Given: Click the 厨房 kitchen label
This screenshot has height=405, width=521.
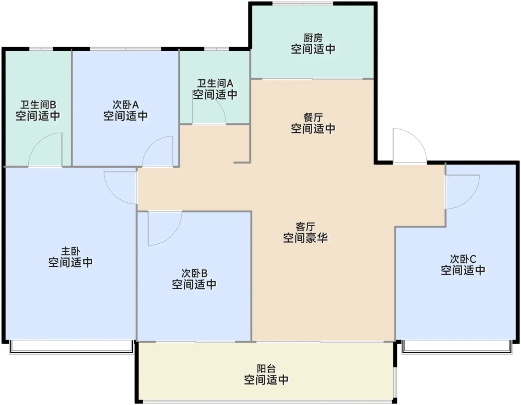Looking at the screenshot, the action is [313, 38].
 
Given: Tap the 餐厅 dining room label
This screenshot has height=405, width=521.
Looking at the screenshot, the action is [313, 118].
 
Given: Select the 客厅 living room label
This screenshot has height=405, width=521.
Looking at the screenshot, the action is [305, 227].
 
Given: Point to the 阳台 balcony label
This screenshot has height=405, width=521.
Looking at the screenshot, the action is [266, 369].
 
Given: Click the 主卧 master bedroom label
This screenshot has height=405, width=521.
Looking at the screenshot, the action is [70, 251].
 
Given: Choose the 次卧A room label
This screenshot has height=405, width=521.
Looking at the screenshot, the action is [126, 105].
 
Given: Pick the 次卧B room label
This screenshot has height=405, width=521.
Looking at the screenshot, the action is [194, 273].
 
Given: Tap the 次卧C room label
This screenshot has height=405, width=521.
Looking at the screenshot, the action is [463, 259].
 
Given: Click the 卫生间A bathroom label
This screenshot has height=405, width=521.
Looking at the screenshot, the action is [215, 83].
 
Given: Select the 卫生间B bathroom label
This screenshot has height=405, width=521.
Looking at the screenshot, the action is [38, 105].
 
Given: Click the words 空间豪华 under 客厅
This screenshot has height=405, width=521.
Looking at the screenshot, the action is [305, 238].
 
